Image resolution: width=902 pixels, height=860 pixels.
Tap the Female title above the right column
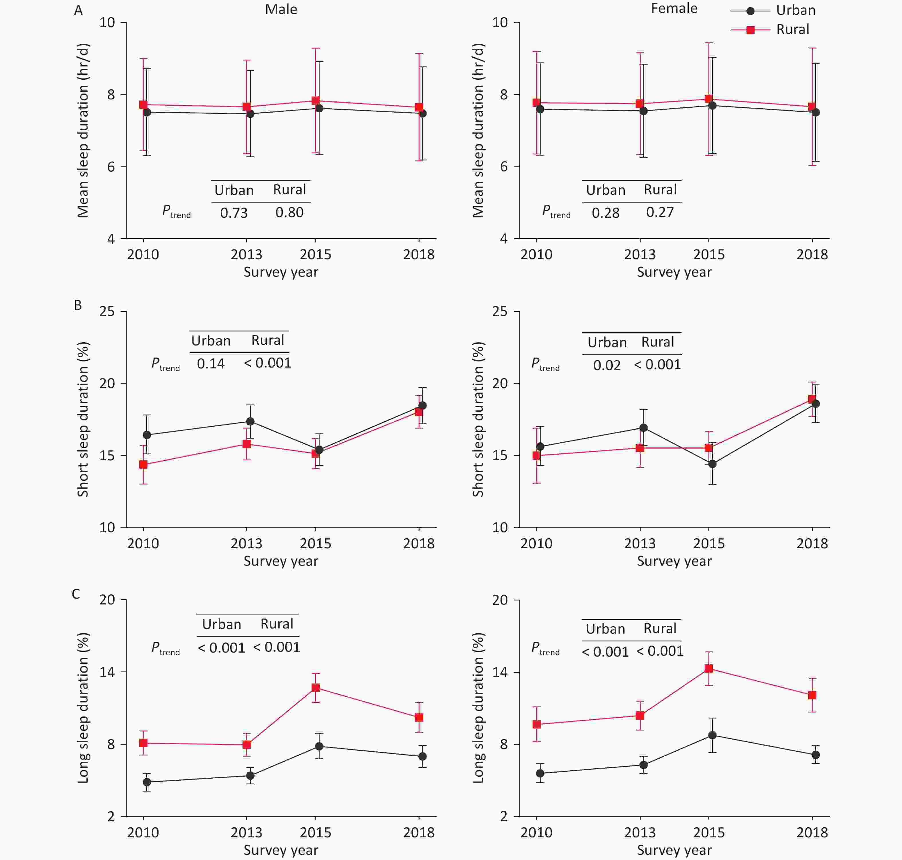point(674,9)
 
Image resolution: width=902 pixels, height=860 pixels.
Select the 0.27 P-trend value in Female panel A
point(660,213)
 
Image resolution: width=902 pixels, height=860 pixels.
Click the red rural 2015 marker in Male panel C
point(316,688)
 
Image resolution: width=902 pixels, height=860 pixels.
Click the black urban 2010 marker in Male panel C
point(147,782)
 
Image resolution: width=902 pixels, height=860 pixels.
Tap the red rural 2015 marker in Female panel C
point(709,668)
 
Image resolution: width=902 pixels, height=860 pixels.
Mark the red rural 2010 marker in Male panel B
point(143,464)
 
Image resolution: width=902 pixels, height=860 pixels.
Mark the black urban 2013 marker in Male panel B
point(250,421)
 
